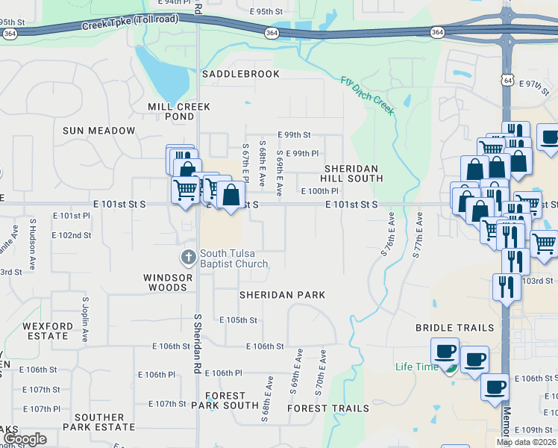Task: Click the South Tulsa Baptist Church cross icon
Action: click(x=188, y=257)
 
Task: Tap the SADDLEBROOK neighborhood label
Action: click(x=241, y=74)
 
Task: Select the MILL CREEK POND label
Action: click(x=170, y=112)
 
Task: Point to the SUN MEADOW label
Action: click(x=99, y=131)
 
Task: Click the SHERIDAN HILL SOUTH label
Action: click(x=352, y=173)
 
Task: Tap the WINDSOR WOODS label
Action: click(x=166, y=282)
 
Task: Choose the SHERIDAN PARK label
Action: click(x=282, y=295)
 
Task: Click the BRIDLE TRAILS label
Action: click(x=455, y=328)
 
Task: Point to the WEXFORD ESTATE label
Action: click(x=46, y=331)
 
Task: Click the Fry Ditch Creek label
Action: click(x=368, y=95)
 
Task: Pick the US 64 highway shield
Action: click(x=507, y=80)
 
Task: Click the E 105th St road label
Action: click(x=238, y=320)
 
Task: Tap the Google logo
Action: click(x=25, y=439)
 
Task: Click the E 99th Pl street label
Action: click(x=302, y=153)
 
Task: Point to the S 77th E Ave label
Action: click(x=417, y=235)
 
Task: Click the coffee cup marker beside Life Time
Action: click(x=445, y=350)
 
